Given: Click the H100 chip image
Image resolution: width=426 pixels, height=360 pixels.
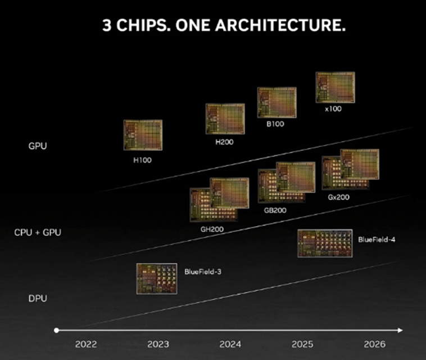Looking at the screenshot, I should (143, 135).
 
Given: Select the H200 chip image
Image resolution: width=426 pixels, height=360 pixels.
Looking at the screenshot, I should (225, 119).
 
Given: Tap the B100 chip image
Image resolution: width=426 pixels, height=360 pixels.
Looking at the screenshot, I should (277, 102).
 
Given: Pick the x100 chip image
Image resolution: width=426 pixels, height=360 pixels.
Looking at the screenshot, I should (335, 87).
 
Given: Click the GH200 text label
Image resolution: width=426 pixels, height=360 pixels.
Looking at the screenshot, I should (212, 229).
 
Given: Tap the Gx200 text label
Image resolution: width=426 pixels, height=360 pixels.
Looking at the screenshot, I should (339, 198).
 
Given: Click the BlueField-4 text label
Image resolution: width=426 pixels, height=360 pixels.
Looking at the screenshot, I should (377, 239).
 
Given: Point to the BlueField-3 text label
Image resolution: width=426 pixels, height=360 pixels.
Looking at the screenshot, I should (203, 271).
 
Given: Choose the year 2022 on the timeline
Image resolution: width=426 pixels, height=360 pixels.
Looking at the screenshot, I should (86, 344).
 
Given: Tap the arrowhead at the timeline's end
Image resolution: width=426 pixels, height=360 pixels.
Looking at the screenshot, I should (400, 330).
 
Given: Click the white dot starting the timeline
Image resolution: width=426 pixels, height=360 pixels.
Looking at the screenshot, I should (56, 330).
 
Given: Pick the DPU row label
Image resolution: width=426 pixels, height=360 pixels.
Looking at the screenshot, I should (37, 299).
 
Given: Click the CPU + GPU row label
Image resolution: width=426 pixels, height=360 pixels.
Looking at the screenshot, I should (38, 232).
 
